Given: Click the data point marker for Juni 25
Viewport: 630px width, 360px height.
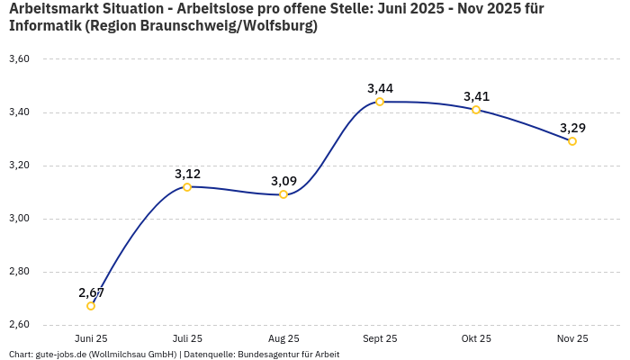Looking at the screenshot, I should coord(91,306).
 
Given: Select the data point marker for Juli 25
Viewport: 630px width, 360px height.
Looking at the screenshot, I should coord(187,187).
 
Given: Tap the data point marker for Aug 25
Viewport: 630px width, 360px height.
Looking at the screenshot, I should coord(283,194).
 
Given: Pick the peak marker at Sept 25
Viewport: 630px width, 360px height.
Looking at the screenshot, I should coord(380,102).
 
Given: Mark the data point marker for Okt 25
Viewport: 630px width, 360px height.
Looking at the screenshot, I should coord(476,110).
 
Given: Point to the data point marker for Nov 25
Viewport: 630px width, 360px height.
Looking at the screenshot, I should coord(572,141).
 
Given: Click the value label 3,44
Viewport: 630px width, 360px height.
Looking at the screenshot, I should coord(380,88).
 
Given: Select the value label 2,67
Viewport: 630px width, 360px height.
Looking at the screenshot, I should coord(91,292).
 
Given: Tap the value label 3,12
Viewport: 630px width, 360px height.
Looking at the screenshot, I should coord(187,174).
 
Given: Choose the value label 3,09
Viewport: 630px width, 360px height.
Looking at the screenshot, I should coord(283,181).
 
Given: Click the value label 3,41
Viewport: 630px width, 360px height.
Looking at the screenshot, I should coord(476,96).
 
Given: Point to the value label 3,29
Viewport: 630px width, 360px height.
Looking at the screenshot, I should coord(572,128).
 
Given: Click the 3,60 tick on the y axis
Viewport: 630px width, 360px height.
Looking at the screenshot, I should coord(19,59).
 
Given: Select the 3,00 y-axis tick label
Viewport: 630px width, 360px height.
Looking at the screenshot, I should coord(19,219).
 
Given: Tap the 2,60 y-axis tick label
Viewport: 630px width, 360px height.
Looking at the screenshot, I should coord(19,325).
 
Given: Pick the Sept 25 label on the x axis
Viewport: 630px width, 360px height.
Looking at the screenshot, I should coord(380,339).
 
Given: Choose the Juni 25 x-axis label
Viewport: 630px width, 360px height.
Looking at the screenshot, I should coord(91,339).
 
